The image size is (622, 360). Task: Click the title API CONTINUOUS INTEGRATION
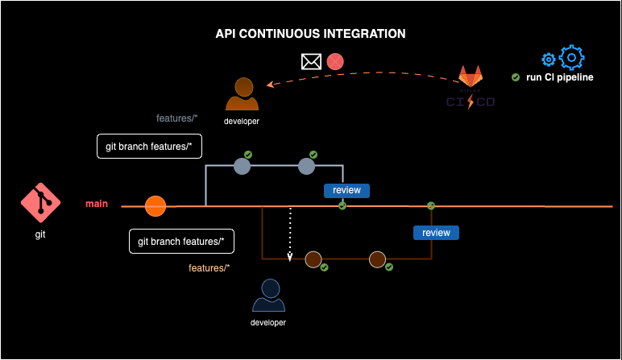click(x=311, y=34)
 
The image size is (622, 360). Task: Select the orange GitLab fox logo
click(x=471, y=77)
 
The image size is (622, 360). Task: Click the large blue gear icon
click(x=571, y=57)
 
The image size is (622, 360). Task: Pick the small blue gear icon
click(x=549, y=60)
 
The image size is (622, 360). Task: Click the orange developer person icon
click(x=243, y=93)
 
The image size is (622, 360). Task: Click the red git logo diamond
click(x=39, y=204)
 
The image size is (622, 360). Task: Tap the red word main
click(x=97, y=204)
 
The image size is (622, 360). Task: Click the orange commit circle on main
click(x=155, y=206)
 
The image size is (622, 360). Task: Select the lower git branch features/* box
click(x=180, y=241)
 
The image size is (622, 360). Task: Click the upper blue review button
click(x=347, y=191)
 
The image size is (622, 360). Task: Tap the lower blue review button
click(x=436, y=233)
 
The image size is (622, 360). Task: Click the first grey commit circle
click(x=242, y=166)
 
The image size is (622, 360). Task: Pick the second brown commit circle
click(x=377, y=259)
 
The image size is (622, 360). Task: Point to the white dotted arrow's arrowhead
click(x=290, y=258)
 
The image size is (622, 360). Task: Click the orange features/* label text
click(x=209, y=267)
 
